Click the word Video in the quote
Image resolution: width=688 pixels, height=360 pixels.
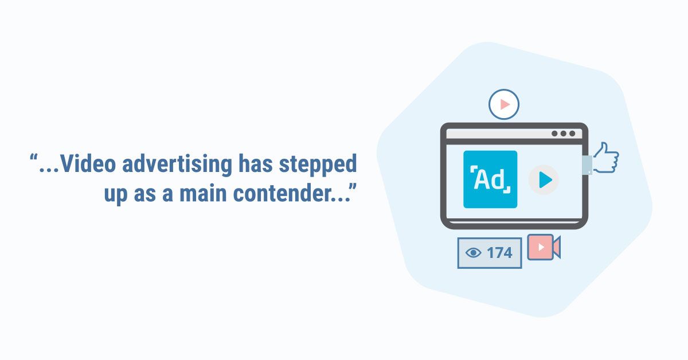tap(88, 163)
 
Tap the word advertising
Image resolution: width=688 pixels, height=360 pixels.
tap(177, 165)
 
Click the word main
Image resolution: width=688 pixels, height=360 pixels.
tap(203, 193)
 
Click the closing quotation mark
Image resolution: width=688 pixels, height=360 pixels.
tap(353, 187)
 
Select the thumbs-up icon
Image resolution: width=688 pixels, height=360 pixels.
tap(605, 158)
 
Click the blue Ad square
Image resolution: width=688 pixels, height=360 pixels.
tap(490, 179)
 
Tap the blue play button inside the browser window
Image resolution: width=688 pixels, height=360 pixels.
tap(544, 179)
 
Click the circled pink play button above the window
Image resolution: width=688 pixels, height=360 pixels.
tap(504, 104)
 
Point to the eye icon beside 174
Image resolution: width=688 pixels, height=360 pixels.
tap(474, 253)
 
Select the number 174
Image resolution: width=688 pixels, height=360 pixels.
tap(499, 253)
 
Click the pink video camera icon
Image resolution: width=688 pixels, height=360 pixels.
tap(544, 247)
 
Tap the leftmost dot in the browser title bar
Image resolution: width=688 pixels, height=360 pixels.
tap(554, 134)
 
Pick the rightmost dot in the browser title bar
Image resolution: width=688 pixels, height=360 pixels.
tap(572, 134)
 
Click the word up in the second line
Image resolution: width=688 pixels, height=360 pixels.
tap(116, 195)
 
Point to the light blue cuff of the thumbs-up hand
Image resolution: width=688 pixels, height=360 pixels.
tap(587, 165)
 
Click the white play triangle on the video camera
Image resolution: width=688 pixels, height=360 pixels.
tap(541, 247)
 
